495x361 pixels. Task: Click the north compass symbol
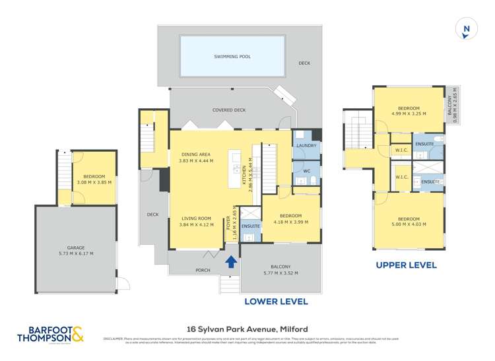467,28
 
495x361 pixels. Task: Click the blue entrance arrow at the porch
231,262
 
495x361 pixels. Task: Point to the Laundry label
306,145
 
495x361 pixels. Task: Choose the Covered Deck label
229,110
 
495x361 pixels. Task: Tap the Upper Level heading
406,265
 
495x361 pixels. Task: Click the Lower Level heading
277,302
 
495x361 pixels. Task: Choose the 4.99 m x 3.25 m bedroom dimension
409,114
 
